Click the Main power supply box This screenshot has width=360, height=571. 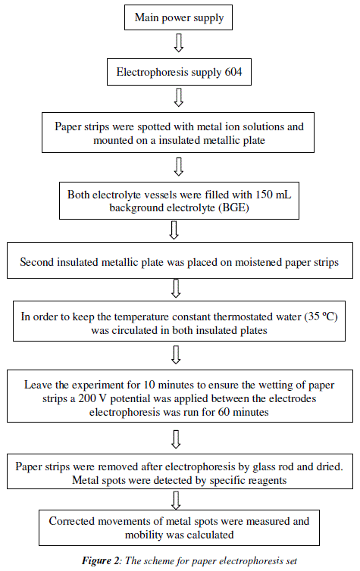178,17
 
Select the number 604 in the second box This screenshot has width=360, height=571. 233,72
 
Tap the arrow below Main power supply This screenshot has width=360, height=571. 179,42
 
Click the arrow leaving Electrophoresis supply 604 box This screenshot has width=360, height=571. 179,97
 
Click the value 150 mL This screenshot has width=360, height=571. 273,195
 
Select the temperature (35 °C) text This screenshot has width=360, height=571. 321,317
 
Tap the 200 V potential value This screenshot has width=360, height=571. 93,398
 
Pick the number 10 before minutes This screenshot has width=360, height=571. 149,385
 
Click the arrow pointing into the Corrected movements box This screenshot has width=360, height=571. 177,501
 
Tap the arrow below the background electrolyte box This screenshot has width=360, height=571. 174,229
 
